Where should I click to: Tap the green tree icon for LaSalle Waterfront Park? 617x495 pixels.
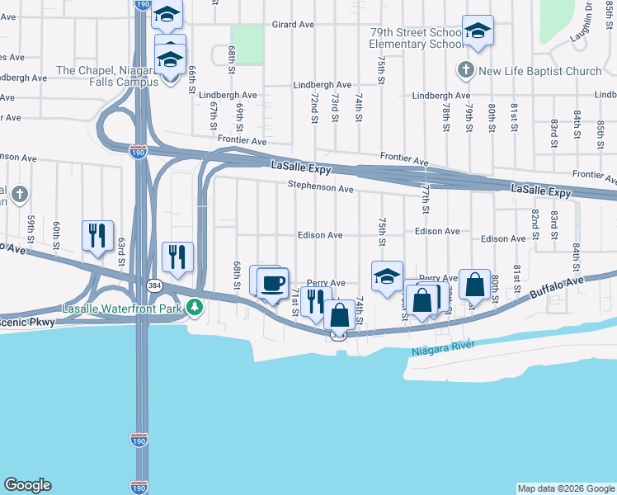click(x=195, y=308)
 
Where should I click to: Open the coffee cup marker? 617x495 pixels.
click(x=273, y=285)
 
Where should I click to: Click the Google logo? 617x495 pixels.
click(x=27, y=485)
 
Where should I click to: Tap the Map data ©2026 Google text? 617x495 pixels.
click(x=566, y=488)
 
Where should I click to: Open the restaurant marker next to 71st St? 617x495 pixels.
click(x=313, y=301)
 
